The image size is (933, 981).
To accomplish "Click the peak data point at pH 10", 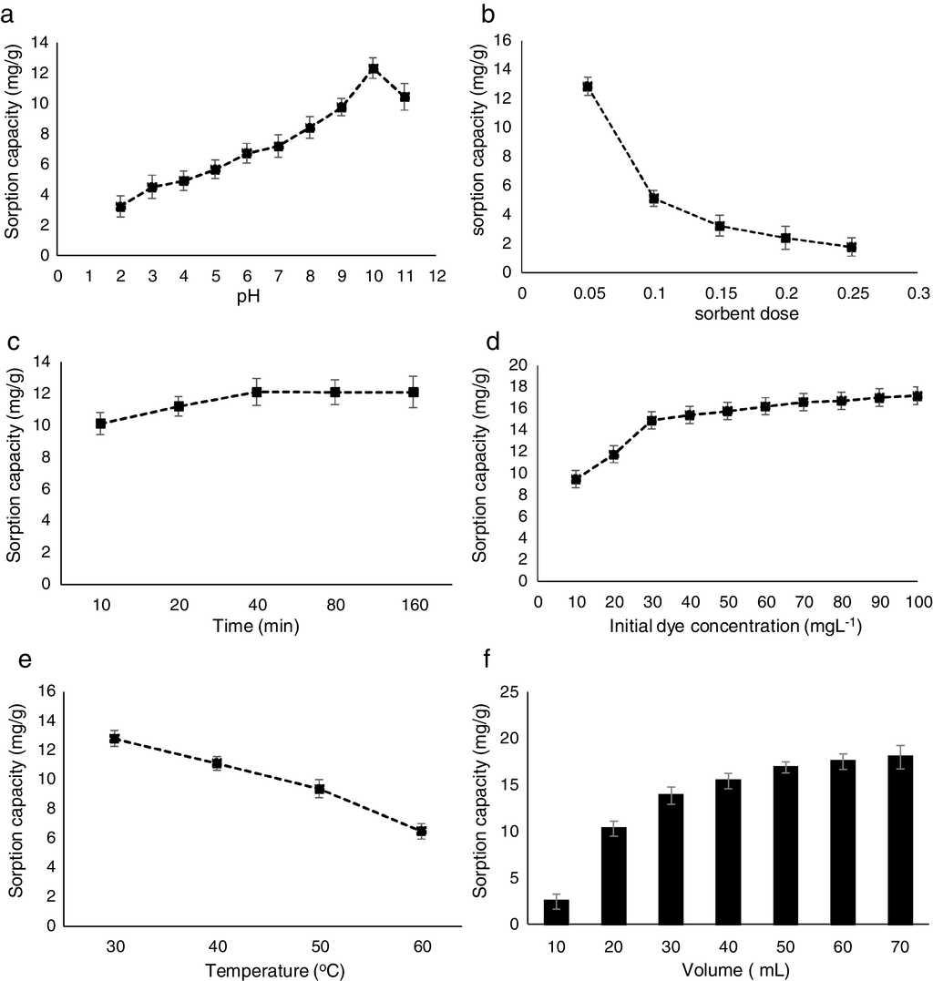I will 374,68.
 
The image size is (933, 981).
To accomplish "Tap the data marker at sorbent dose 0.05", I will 588,87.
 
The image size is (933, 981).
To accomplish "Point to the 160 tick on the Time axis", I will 414,603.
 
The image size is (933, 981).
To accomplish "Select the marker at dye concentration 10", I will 576,479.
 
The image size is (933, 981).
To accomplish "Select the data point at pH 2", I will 120,207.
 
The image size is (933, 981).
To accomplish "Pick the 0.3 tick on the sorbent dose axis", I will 918,292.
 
